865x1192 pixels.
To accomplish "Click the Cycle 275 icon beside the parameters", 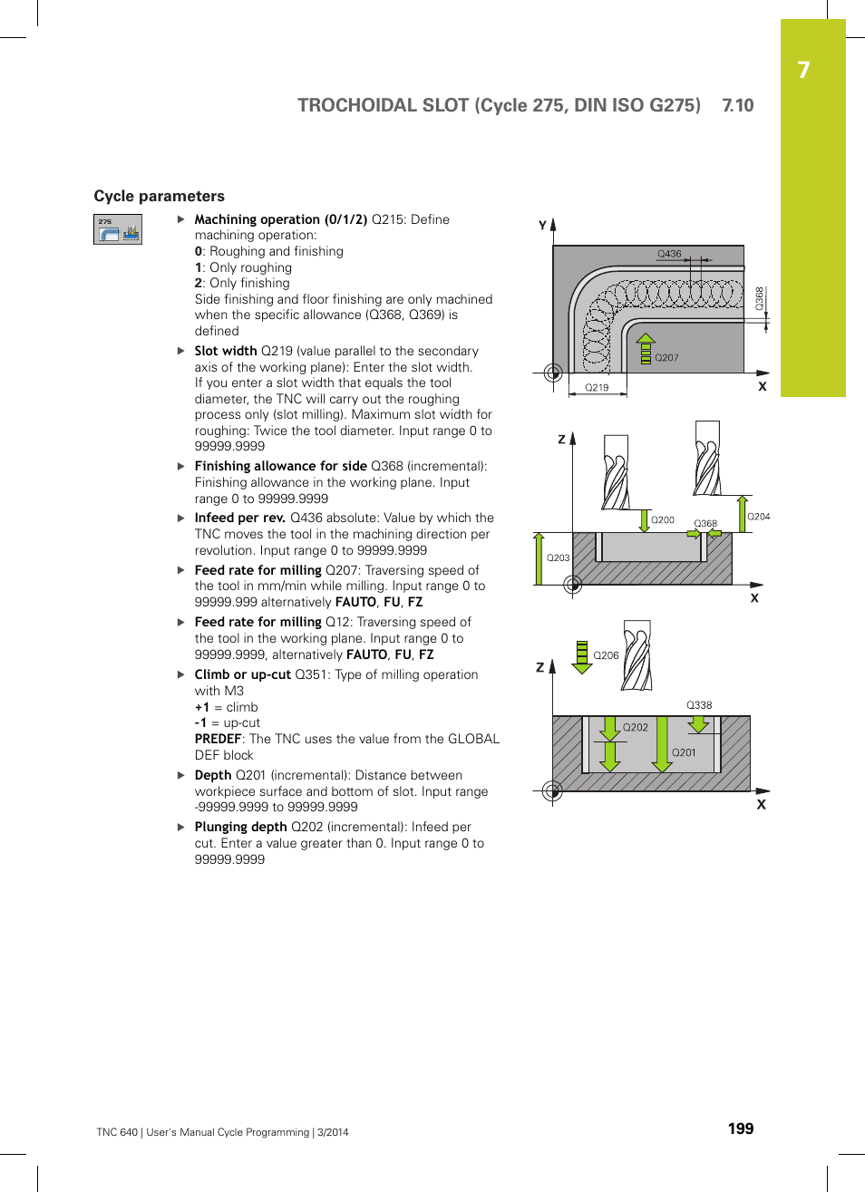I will coord(118,229).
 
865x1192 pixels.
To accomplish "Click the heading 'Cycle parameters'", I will coord(159,196).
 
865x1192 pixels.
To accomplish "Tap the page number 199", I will coord(740,1129).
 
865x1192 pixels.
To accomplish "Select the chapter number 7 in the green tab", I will coord(803,71).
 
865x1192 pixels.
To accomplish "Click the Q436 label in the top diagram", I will coord(669,254).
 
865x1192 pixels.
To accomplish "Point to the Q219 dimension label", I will coord(597,387).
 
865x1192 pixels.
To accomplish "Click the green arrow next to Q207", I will coord(646,349).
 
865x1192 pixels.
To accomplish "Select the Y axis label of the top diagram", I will coord(542,225).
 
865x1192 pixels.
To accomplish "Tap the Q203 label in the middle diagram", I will coord(558,557).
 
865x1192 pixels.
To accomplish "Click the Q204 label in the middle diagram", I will coord(758,517).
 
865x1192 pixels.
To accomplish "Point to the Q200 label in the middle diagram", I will coord(663,519).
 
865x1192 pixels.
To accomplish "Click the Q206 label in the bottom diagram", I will coord(606,655).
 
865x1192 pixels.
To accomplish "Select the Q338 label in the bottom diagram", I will coord(699,705).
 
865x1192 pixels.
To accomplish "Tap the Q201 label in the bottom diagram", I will coord(684,752).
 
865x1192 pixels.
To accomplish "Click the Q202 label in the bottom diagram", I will coord(636,727).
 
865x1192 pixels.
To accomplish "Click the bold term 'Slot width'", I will coord(226,351).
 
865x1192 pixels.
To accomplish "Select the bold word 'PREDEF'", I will coord(218,739).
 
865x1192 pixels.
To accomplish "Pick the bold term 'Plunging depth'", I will coord(240,827).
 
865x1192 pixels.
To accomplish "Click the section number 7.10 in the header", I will coord(737,105).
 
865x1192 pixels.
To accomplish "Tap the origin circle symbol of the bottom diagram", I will coord(552,790).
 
